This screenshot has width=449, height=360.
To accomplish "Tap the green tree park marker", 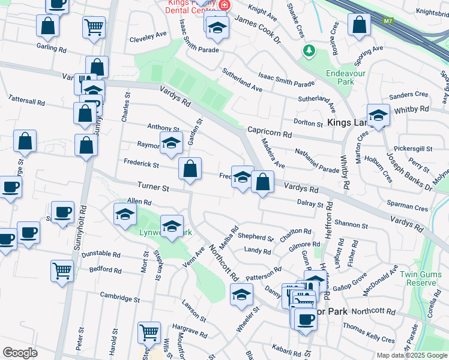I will (x=309, y=51).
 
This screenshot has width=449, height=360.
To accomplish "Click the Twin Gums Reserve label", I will (x=418, y=278).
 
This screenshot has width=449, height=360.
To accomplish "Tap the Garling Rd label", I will (x=51, y=47).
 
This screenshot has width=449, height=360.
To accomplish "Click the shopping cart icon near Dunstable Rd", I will (x=62, y=271).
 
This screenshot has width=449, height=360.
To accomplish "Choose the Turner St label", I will (x=154, y=187).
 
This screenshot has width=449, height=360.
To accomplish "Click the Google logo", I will (x=20, y=353).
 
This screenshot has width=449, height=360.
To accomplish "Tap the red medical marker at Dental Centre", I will (x=224, y=5).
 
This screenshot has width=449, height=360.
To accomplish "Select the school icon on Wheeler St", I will (x=241, y=295).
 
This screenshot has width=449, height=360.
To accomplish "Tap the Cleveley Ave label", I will (x=148, y=37).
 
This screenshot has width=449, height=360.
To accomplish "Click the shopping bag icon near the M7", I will (x=359, y=25).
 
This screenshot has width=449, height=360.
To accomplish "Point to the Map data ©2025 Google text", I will (x=412, y=355).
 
